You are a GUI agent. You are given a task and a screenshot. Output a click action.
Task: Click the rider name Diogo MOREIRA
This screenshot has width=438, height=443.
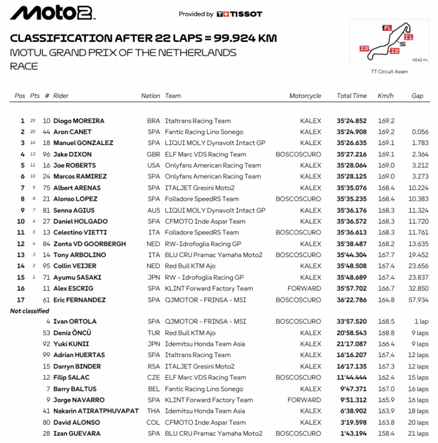pyautogui.click(x=78, y=121)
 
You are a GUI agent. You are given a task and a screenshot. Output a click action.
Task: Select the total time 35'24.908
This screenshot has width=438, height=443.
pyautogui.click(x=351, y=132)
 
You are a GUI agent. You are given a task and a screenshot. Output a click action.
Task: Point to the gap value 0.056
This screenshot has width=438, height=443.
pyautogui.click(x=420, y=132)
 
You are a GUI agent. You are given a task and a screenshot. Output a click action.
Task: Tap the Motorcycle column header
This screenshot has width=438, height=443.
pyautogui.click(x=305, y=96)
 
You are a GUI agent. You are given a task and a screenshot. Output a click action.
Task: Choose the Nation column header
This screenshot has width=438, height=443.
pyautogui.click(x=150, y=96)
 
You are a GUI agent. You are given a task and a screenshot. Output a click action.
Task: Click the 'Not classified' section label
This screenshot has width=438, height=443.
pyautogui.click(x=30, y=311)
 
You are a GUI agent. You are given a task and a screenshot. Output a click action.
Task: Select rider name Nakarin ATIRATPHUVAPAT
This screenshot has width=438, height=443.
pyautogui.click(x=96, y=411)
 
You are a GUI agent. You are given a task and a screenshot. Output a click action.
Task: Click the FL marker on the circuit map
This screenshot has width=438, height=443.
pyautogui.click(x=388, y=27)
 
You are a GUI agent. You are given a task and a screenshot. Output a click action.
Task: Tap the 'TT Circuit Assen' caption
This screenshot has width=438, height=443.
pyautogui.click(x=389, y=72)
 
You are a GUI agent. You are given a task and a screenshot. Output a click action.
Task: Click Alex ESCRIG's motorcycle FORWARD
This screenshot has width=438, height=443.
pyautogui.click(x=304, y=288)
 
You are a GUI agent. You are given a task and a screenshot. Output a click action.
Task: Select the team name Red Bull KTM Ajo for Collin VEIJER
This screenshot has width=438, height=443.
pyautogui.click(x=190, y=266)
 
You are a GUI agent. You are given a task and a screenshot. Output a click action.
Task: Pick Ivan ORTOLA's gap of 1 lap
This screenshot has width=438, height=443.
pyautogui.click(x=422, y=321)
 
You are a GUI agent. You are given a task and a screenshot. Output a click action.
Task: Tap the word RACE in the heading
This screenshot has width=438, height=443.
pyautogui.click(x=24, y=66)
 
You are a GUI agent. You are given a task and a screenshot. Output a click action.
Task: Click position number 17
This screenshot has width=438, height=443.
pyautogui.click(x=21, y=300)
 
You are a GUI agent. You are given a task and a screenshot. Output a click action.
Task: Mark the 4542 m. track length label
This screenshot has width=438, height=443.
pyautogui.click(x=420, y=59)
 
